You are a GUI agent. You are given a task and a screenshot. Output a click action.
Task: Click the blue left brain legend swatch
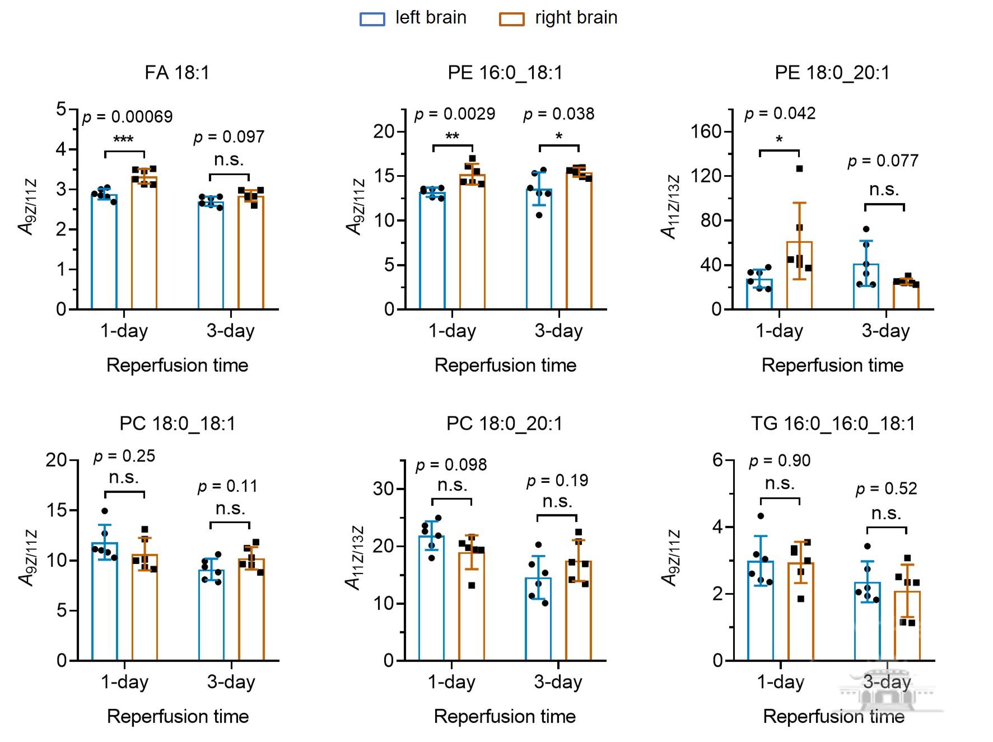372,19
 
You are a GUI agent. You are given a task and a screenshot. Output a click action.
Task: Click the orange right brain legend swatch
511,19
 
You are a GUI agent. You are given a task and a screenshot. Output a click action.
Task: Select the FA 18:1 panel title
177,73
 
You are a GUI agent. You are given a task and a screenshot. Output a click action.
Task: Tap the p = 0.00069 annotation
128,117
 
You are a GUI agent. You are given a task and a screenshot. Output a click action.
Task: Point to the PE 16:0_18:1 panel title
505,73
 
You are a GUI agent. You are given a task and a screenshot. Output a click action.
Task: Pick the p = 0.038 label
558,114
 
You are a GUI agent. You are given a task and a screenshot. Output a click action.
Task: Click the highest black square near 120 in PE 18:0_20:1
799,168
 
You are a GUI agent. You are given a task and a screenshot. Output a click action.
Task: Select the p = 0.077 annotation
883,161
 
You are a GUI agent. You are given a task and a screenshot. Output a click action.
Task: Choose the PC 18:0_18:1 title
178,424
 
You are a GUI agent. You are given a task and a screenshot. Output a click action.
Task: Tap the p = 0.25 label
124,457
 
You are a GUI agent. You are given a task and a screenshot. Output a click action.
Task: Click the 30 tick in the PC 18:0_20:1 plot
383,489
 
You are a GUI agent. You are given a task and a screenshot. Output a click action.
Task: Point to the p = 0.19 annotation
557,481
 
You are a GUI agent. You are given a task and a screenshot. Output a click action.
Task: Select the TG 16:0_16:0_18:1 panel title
833,424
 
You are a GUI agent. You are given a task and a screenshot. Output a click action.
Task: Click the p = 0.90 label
780,461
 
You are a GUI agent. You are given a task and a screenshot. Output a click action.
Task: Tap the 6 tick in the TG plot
717,461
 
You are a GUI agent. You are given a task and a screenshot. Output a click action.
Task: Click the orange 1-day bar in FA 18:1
144,243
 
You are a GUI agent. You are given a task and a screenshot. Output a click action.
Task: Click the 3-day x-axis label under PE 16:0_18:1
558,331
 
